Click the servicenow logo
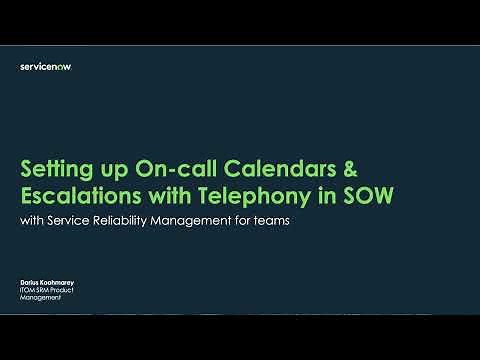coord(46,67)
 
